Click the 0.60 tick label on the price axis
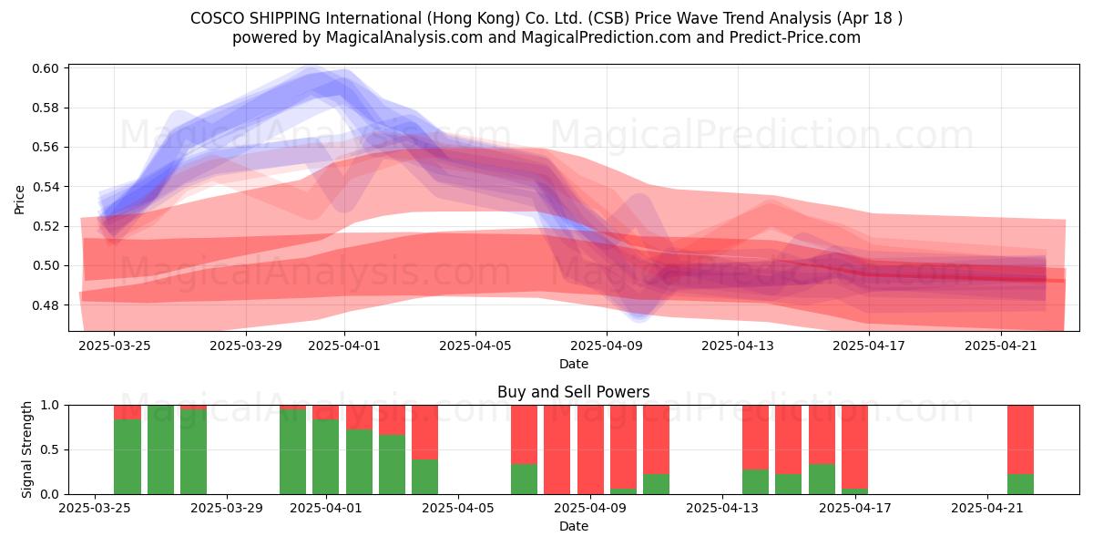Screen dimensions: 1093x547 pyautogui.click(x=46, y=68)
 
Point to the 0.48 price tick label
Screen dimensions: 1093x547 pyautogui.click(x=46, y=305)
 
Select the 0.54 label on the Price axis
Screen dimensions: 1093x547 pyautogui.click(x=46, y=187)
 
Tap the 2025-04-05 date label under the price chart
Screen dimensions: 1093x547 pyautogui.click(x=475, y=346)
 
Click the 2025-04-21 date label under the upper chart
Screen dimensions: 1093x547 pyautogui.click(x=1001, y=346)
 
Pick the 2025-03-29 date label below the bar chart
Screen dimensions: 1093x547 pyautogui.click(x=227, y=509)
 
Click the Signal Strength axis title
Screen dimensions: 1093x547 pyautogui.click(x=26, y=449)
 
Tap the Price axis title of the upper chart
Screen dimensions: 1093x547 pyautogui.click(x=19, y=200)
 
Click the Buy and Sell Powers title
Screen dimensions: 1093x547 pyautogui.click(x=573, y=392)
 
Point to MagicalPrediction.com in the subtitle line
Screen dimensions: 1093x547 pyautogui.click(x=606, y=37)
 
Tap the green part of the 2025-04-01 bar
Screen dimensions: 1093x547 pyautogui.click(x=326, y=457)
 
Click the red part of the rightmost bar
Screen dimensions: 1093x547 pyautogui.click(x=1020, y=439)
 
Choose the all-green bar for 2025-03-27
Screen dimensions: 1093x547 pyautogui.click(x=160, y=449)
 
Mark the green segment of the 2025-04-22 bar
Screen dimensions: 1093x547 pyautogui.click(x=1020, y=484)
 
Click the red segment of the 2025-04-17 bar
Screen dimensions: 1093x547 pyautogui.click(x=855, y=447)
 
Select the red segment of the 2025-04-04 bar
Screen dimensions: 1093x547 pyautogui.click(x=425, y=432)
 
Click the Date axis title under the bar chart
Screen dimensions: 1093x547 pyautogui.click(x=573, y=526)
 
